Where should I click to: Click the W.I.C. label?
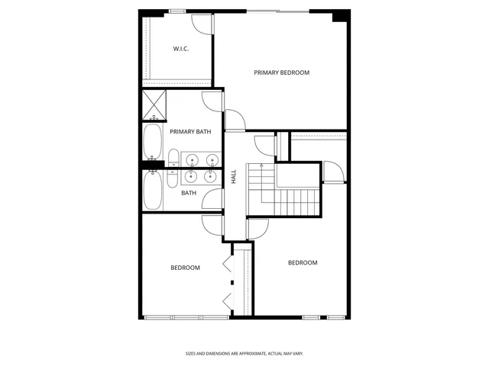coord(181,49)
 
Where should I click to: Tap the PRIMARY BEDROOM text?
coord(282,72)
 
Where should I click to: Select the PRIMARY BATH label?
coord(190,132)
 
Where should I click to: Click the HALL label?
coord(234,176)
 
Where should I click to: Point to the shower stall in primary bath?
coord(155,105)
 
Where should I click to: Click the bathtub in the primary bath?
coord(154,143)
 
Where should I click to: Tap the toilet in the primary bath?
coord(173,159)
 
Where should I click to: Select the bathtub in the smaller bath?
coord(154,191)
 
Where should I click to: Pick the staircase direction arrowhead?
coord(262,165)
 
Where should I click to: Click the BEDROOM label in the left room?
coord(185,268)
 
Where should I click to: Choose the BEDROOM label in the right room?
coord(302,263)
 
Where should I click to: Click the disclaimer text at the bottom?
coord(244,353)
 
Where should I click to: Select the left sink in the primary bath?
coord(192,160)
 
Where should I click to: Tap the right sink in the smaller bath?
coord(209,175)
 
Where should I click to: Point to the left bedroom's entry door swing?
coord(212,226)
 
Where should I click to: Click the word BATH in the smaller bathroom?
coord(189,193)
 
